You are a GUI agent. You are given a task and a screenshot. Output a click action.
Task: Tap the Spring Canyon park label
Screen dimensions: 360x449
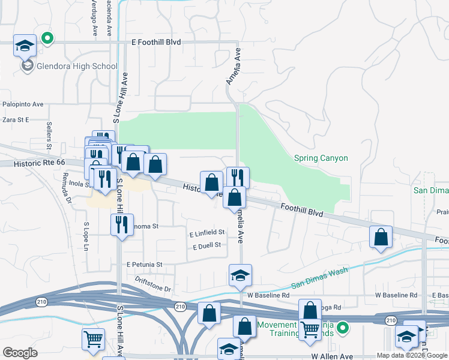click(321, 158)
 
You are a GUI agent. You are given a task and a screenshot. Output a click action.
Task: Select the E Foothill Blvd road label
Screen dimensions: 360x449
click(156, 43)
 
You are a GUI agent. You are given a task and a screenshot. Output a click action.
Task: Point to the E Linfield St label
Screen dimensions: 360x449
click(206, 232)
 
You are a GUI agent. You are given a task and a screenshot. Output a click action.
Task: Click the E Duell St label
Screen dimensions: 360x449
click(207, 245)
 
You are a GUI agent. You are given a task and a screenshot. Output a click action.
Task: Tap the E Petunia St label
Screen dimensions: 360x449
click(144, 265)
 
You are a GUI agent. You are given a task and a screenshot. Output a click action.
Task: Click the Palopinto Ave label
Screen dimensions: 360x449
click(23, 104)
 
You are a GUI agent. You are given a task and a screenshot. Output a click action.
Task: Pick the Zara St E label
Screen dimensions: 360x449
click(16, 120)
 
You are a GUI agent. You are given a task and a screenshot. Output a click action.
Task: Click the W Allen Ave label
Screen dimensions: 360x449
click(330, 356)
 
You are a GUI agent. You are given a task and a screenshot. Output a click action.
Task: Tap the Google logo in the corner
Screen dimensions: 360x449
click(20, 353)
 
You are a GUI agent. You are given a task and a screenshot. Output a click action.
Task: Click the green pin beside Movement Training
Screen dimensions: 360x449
click(343, 328)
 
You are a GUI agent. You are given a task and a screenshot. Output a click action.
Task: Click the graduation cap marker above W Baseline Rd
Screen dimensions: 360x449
click(240, 276)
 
